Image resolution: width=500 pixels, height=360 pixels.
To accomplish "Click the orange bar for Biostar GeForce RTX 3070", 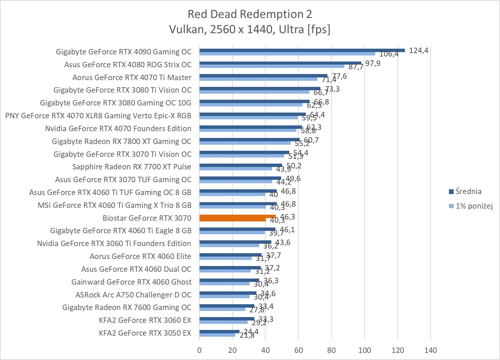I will tap(237, 218).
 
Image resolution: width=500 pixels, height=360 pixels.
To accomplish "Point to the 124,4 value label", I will tap(418, 51).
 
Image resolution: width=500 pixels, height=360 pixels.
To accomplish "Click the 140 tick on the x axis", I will tap(431, 350).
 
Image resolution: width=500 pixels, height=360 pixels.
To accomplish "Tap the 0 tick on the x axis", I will tap(199, 350).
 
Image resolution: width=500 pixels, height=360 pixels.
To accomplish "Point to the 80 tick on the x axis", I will tap(332, 350).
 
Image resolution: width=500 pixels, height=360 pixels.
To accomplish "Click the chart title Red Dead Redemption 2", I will tap(250, 14).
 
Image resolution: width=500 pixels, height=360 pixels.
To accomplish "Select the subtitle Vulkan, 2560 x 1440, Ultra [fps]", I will tap(250, 30).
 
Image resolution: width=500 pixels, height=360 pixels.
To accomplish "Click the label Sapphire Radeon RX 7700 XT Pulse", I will tap(132, 167).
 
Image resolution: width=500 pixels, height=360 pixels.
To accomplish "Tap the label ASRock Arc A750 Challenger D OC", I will tap(133, 295).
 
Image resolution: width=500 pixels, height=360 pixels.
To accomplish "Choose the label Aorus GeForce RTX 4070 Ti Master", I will tap(132, 78).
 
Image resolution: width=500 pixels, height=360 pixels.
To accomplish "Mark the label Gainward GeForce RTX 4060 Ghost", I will tap(131, 282).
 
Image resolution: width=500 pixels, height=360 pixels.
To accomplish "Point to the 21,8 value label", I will tap(247, 335).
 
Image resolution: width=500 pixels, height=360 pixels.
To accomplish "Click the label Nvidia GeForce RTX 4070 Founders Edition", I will tap(118, 129).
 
